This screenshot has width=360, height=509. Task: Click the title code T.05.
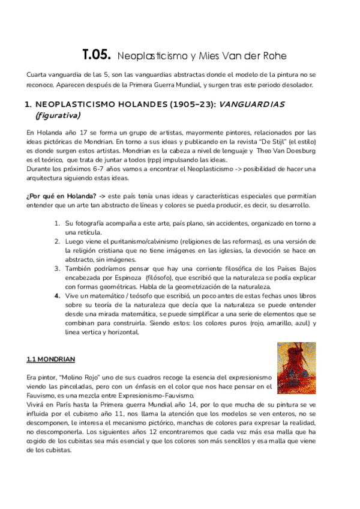tap(97, 55)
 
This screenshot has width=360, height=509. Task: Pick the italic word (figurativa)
tap(58, 115)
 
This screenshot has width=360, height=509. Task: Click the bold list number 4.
tap(57, 295)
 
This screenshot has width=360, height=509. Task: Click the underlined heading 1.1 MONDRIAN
tap(50, 360)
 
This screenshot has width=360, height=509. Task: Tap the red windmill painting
tap(296, 368)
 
